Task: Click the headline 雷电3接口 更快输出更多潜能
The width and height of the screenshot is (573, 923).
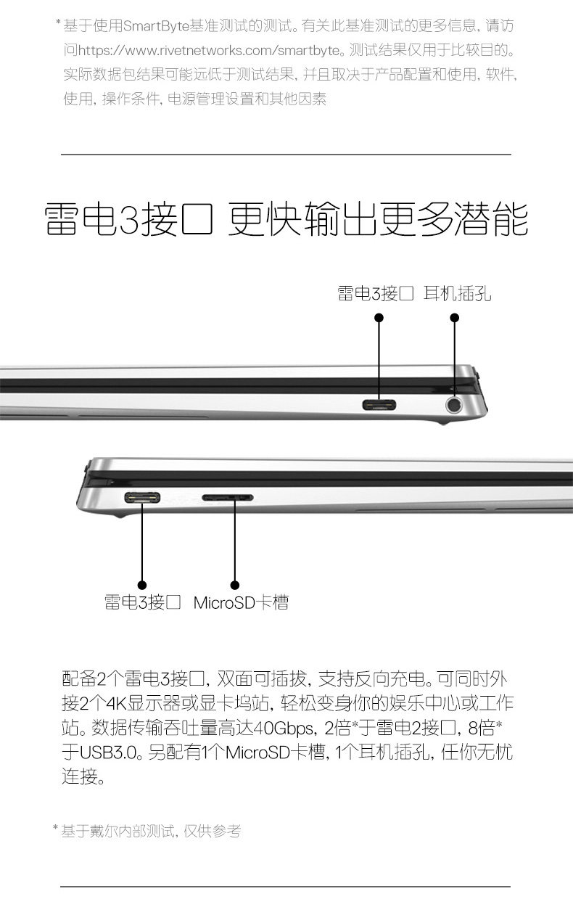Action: pos(286,218)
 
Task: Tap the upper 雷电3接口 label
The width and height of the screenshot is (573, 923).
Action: pos(375,293)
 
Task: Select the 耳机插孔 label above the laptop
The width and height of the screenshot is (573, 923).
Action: pos(458,293)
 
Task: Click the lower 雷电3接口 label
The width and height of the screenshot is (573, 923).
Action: pos(142,602)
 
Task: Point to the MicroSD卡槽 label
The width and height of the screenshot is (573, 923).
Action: pos(241,602)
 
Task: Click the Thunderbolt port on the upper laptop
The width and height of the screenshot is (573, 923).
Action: pos(379,404)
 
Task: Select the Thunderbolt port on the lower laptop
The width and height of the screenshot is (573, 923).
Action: pos(142,498)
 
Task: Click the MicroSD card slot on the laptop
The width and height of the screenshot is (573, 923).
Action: pos(227,499)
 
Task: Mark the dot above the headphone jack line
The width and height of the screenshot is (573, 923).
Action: pos(455,317)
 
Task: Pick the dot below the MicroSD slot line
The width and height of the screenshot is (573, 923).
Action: pos(234,584)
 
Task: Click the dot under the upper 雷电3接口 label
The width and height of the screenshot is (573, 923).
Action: pos(379,317)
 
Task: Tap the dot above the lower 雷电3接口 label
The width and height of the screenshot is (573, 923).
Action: pos(142,584)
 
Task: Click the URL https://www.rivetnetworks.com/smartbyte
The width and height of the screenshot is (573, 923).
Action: pos(210,51)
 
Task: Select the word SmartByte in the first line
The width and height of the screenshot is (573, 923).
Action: pos(156,27)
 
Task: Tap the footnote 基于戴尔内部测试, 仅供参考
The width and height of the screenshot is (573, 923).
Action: pos(150,831)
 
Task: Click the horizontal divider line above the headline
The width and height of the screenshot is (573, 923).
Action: pos(286,155)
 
